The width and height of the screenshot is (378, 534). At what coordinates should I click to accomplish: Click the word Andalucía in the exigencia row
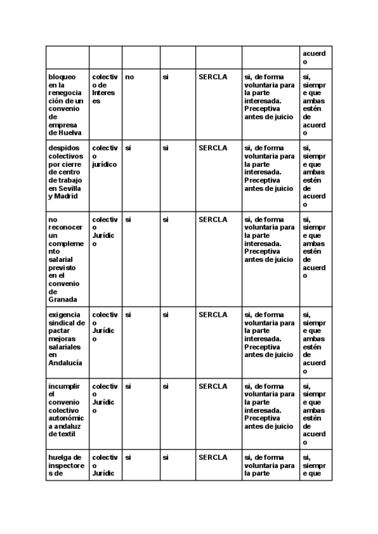[x=65, y=363]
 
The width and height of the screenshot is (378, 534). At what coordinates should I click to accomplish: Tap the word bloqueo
[x=62, y=77]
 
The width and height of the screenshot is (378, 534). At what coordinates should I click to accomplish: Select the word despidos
[x=62, y=148]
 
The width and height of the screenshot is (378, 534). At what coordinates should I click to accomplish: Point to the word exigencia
[x=64, y=315]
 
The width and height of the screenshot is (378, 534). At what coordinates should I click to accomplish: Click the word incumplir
[x=64, y=386]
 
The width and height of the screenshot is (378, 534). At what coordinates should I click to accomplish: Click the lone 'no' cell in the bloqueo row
[x=130, y=77]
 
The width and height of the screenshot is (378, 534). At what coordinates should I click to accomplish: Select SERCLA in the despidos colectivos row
[x=212, y=148]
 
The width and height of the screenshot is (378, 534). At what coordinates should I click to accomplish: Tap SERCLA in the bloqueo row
[x=212, y=77]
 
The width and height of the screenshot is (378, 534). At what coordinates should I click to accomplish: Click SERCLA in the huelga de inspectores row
[x=212, y=457]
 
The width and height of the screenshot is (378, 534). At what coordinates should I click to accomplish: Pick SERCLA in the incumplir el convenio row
[x=212, y=386]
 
